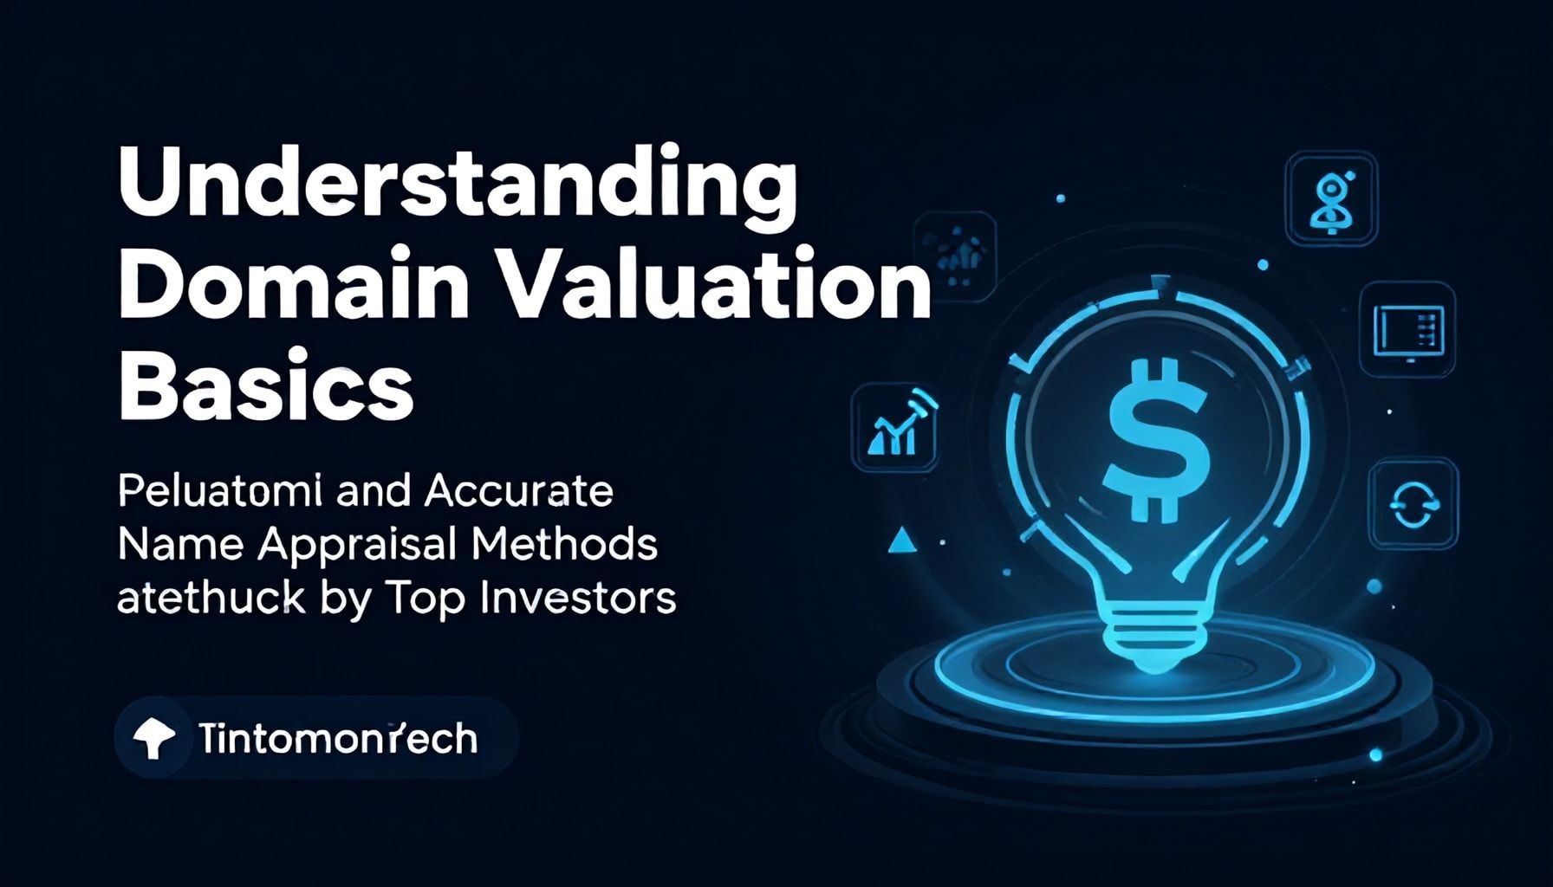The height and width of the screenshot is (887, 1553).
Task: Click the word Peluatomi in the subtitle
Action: click(220, 492)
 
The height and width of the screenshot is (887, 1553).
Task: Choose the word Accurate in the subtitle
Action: click(519, 492)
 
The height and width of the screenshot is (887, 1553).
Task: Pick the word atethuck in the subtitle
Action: click(210, 598)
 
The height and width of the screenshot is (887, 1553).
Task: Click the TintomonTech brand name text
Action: click(337, 739)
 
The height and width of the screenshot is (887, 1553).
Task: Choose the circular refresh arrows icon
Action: click(1413, 503)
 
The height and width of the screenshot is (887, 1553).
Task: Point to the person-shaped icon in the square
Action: click(1331, 198)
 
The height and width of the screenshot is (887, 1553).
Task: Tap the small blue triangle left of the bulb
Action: click(902, 541)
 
